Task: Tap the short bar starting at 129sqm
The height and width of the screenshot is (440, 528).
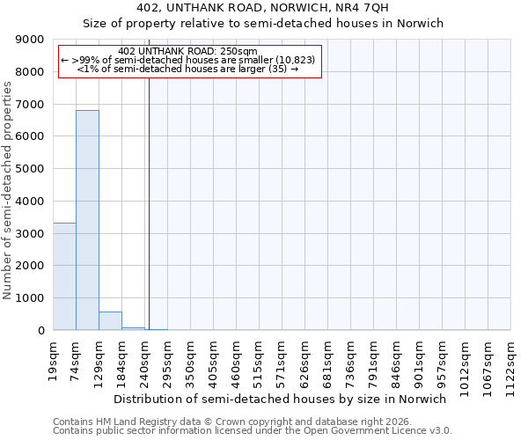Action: pyautogui.click(x=110, y=321)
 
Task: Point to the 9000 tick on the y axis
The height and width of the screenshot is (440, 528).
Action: pyautogui.click(x=30, y=40)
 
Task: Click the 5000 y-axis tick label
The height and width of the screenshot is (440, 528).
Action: pyautogui.click(x=30, y=169)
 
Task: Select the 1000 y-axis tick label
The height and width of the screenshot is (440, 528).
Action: pyautogui.click(x=30, y=298)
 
